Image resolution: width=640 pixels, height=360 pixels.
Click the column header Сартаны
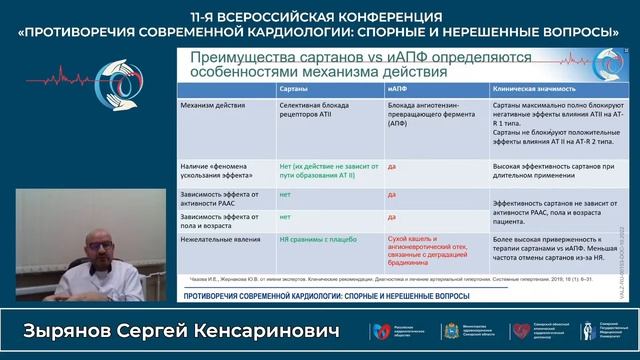[x=293, y=89]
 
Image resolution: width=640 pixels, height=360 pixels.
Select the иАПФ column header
[x=396, y=89]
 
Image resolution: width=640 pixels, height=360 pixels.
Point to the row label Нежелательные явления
[x=215, y=240]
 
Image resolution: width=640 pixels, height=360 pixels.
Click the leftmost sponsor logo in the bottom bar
[x=382, y=331]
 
